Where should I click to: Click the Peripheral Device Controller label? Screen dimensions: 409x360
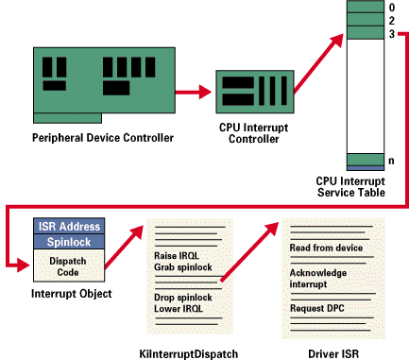(x=103, y=138)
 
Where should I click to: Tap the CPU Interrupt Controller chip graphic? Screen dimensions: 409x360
(x=255, y=92)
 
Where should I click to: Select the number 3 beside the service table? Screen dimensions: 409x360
(x=391, y=34)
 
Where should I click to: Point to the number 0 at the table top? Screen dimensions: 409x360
(x=391, y=8)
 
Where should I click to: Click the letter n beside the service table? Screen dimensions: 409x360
(x=391, y=161)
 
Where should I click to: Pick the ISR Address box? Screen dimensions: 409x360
(x=69, y=226)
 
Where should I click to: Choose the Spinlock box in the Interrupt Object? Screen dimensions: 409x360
(x=69, y=242)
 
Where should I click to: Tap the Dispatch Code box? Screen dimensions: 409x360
(x=69, y=266)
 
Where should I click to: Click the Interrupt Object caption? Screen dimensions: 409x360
(x=72, y=294)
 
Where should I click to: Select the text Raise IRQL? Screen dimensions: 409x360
(x=177, y=255)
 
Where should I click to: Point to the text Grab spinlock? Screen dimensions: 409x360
(x=183, y=267)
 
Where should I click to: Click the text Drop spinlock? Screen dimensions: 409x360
(x=183, y=298)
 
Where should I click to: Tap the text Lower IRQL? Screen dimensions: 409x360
(x=179, y=309)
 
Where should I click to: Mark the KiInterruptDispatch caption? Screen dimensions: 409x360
(x=189, y=353)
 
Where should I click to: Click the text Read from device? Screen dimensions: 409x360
(x=326, y=248)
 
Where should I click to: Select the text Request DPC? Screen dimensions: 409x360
(x=316, y=308)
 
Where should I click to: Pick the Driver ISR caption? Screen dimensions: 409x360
(x=333, y=353)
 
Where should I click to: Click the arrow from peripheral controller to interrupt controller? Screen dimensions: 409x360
(x=194, y=92)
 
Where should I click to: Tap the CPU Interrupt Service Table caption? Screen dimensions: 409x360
(x=350, y=187)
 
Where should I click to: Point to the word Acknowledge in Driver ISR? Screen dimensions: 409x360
(x=318, y=273)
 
